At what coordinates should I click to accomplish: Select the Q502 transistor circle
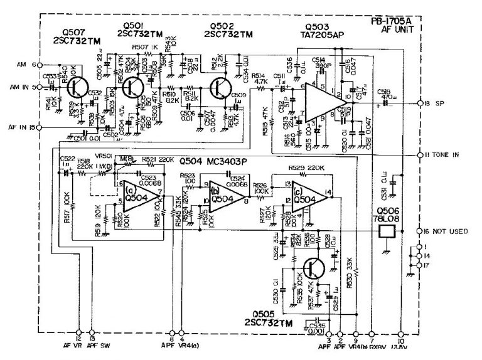[x=221, y=88]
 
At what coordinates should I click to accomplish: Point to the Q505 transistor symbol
[x=312, y=269]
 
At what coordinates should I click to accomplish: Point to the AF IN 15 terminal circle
[x=40, y=127]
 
